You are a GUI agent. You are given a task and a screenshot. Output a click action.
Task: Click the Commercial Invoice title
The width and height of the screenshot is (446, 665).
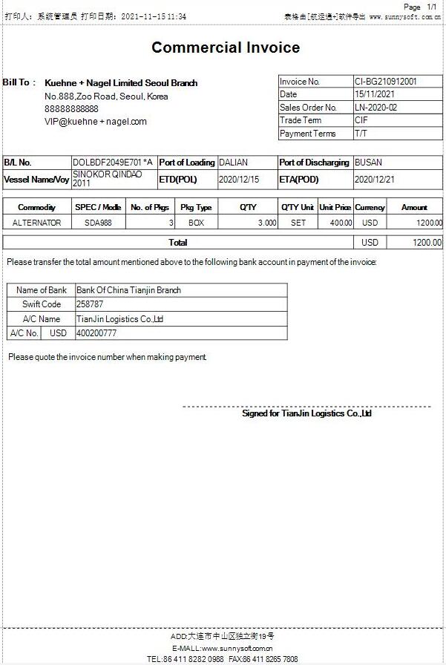[226, 48]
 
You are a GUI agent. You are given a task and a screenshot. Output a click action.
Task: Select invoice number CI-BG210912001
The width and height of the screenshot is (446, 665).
[385, 82]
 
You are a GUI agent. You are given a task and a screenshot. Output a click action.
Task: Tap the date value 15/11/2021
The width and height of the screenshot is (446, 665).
[375, 95]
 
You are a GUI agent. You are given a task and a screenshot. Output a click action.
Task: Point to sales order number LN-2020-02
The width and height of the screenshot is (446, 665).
[376, 108]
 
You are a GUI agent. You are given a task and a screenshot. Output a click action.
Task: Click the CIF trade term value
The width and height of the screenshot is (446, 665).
[361, 120]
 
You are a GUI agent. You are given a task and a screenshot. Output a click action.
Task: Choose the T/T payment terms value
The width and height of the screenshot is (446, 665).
[361, 134]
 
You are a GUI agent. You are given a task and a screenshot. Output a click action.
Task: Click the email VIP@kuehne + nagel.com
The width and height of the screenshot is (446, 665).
[96, 122]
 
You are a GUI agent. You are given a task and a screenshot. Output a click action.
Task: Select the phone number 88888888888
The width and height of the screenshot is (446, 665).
[71, 109]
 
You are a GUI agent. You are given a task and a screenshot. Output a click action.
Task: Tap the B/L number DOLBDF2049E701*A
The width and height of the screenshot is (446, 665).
[113, 163]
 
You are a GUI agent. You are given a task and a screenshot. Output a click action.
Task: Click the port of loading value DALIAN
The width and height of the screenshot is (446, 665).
[234, 163]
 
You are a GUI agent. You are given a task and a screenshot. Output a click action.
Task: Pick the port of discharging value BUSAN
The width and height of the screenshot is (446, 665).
[368, 163]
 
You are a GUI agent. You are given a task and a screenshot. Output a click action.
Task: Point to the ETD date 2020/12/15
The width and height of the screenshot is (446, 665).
[239, 180]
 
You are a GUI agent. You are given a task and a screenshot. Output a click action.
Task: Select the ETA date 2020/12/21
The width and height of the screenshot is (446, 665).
[375, 180]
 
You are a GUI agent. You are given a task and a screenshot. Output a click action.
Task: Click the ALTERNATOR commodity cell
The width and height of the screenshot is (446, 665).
[37, 223]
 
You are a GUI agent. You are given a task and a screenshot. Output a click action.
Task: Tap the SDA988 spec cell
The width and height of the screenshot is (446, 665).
[98, 223]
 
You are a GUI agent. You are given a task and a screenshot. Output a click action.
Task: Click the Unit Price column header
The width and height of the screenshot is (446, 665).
[335, 208]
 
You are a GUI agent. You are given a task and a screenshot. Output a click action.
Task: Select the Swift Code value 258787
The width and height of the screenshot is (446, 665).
[90, 304]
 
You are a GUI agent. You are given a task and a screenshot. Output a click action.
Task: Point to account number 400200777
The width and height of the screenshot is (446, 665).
[96, 333]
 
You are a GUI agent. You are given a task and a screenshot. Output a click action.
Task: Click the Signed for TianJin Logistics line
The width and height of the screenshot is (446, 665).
[306, 413]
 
